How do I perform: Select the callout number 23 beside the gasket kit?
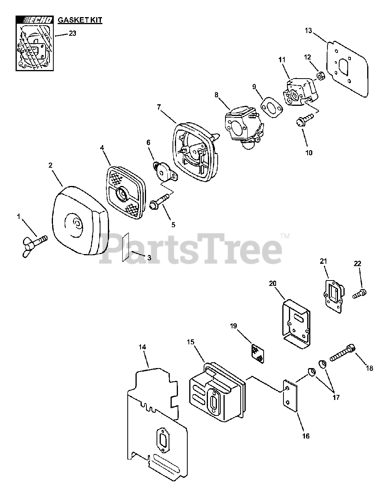(72, 33)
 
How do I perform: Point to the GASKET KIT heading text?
(80, 20)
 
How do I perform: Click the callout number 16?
(306, 436)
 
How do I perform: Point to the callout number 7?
(159, 107)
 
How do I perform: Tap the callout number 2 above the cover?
(51, 165)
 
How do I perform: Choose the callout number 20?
(273, 284)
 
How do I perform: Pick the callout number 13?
(308, 30)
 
